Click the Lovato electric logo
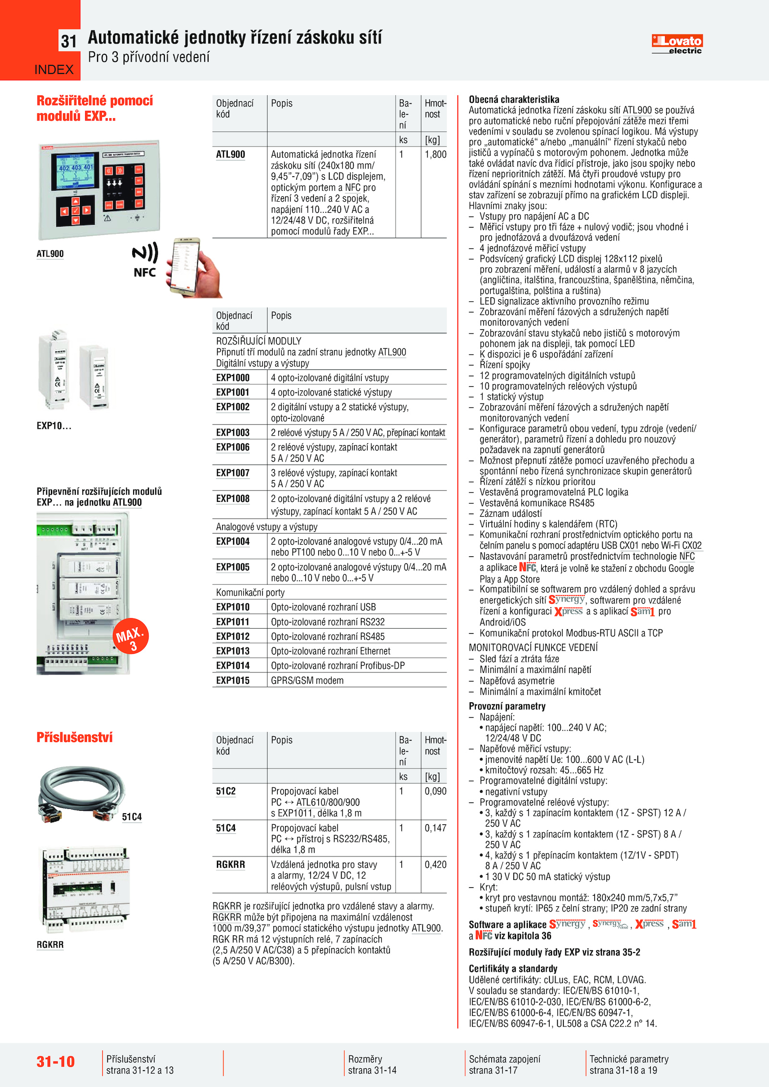[677, 44]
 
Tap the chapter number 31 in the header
[69, 42]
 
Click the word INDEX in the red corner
[54, 70]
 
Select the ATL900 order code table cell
[231, 155]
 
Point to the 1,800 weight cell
[435, 155]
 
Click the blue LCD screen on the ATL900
[75, 171]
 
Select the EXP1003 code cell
[233, 432]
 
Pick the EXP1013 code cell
[233, 651]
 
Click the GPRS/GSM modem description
[307, 680]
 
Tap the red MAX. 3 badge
[130, 636]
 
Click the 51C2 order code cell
[226, 791]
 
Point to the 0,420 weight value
[435, 865]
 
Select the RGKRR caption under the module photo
[50, 945]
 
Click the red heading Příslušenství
[74, 737]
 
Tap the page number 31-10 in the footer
[56, 1061]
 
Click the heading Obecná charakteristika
[514, 99]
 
